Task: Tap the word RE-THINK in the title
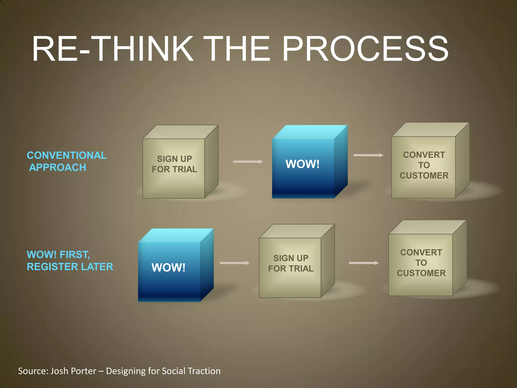tap(112, 48)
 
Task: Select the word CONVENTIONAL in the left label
tap(67, 155)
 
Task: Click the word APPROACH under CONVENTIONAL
tap(58, 167)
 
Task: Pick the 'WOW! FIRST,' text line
tap(58, 255)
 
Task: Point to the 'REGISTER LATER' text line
tap(70, 267)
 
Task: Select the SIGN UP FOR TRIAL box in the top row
tap(174, 167)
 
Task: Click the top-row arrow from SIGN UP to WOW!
tap(248, 162)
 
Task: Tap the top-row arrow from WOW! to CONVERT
tap(368, 155)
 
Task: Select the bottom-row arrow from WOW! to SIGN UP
tap(235, 263)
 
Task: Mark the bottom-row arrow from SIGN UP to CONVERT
tap(364, 263)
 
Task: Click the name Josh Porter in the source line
tap(73, 371)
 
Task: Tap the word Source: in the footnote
tap(33, 371)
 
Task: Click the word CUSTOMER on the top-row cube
tap(424, 176)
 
